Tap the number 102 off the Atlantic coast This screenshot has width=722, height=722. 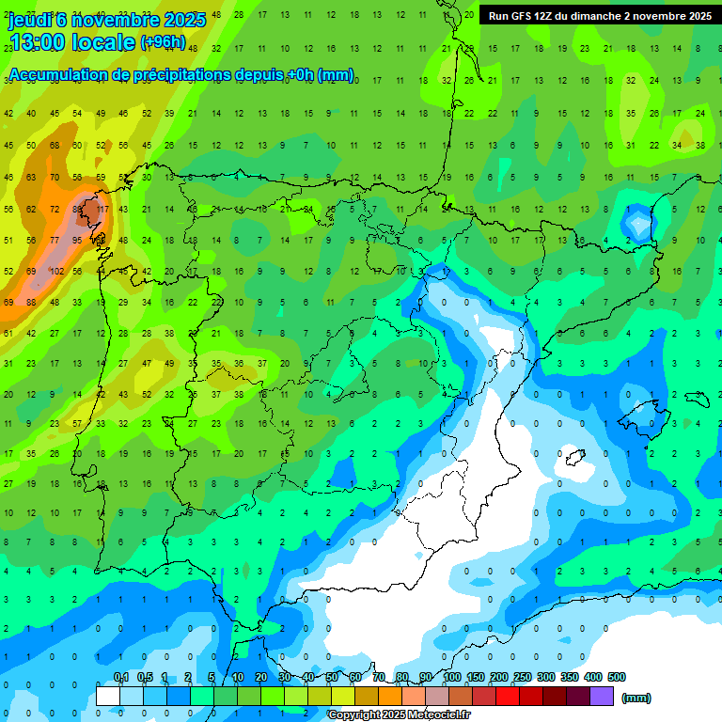tap(55, 271)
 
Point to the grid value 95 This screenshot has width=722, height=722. tap(77, 240)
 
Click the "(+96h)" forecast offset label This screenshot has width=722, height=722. tap(163, 42)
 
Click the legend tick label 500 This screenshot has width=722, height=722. tap(617, 677)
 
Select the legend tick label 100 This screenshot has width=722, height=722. tap(452, 677)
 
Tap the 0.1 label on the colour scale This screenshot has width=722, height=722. tap(120, 677)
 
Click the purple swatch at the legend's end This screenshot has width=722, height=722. tap(602, 696)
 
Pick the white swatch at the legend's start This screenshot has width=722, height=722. tap(108, 696)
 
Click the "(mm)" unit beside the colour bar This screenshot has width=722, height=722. tap(636, 698)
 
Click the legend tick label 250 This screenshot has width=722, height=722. tap(523, 677)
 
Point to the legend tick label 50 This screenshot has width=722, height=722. tap(332, 677)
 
